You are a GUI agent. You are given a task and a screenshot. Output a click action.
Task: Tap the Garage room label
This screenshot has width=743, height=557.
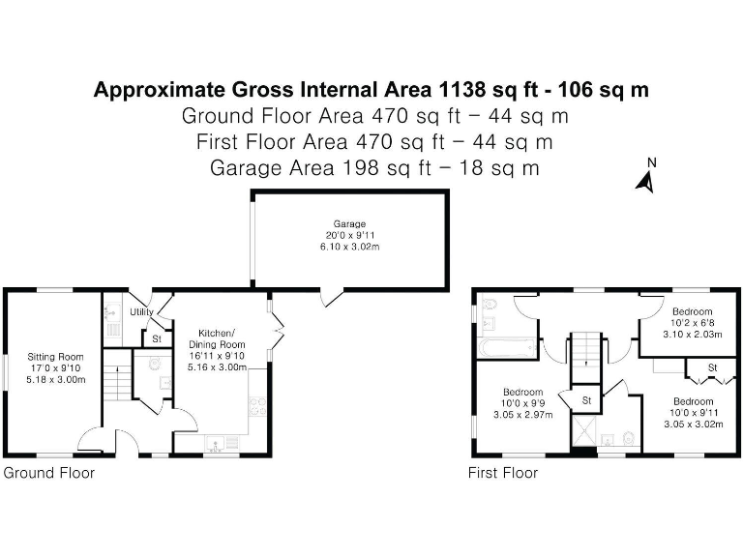tap(350, 224)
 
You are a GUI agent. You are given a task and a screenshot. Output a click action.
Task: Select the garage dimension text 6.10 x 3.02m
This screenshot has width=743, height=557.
tap(350, 248)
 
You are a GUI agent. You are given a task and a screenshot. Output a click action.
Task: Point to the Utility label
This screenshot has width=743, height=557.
tap(141, 312)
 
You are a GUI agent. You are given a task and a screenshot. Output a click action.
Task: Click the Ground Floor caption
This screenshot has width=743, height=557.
tap(49, 473)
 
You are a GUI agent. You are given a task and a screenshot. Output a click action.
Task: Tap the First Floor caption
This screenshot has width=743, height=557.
tap(503, 473)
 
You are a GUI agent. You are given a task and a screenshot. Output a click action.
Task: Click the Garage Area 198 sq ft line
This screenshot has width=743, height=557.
tap(373, 167)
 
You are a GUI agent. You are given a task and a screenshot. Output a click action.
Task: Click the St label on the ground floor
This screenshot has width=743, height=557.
tap(156, 339)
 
